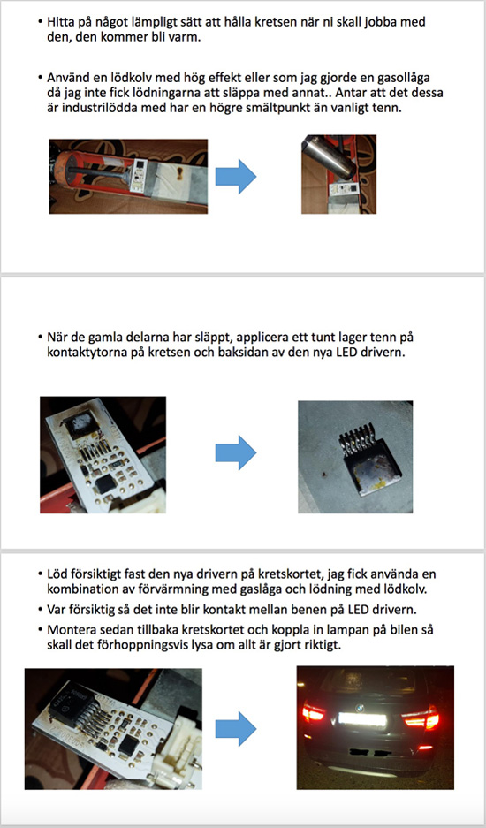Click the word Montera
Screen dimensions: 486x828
pyautogui.click(x=69, y=630)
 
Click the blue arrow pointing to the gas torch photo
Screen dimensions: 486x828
pyautogui.click(x=236, y=177)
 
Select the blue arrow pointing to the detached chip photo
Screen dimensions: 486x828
pyautogui.click(x=236, y=452)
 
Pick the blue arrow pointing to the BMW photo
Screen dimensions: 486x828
pyautogui.click(x=236, y=729)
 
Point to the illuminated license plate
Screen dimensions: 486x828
pyautogui.click(x=362, y=720)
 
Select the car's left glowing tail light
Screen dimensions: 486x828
pyautogui.click(x=313, y=713)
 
